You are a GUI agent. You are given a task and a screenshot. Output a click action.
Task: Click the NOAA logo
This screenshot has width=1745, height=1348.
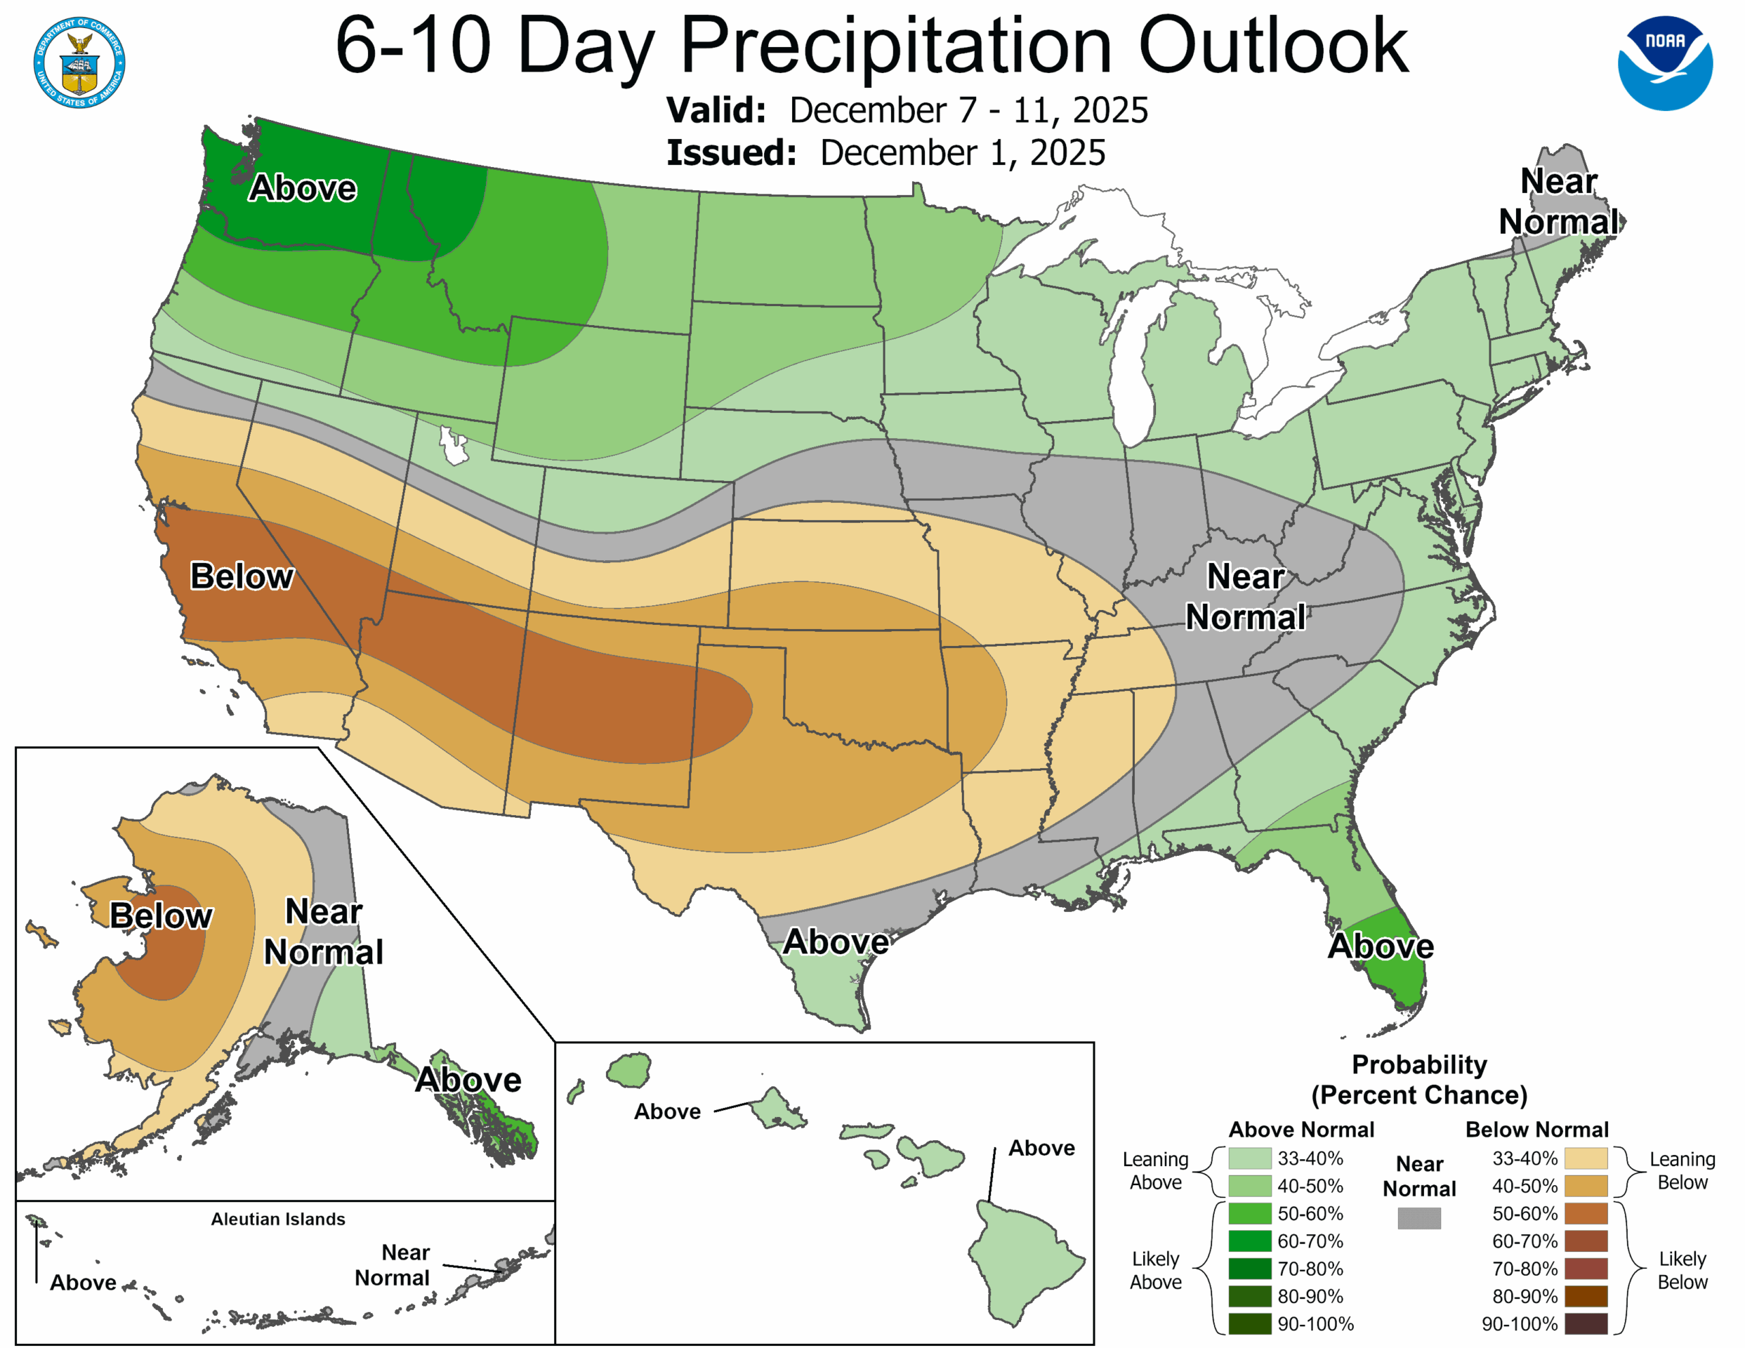[1665, 62]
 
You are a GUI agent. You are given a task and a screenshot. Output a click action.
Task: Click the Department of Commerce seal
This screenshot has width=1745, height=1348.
[79, 62]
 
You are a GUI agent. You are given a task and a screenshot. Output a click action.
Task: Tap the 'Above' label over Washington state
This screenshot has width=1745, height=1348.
[302, 189]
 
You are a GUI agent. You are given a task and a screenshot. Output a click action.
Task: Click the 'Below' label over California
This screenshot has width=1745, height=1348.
[241, 576]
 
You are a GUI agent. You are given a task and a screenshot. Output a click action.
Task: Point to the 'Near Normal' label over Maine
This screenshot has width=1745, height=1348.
[1558, 201]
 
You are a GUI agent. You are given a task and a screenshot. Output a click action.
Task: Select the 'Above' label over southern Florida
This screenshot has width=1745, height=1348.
[1380, 946]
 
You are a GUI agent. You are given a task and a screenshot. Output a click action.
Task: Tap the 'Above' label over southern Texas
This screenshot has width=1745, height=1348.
[836, 941]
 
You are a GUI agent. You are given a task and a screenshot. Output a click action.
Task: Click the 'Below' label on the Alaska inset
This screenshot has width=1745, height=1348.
[161, 916]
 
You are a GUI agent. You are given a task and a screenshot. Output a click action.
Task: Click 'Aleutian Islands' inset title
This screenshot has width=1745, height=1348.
[278, 1219]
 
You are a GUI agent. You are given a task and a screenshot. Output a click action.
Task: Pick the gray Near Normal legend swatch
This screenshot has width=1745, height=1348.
[1419, 1218]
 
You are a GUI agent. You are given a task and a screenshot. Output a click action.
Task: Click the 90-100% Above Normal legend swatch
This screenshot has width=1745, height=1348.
[1249, 1324]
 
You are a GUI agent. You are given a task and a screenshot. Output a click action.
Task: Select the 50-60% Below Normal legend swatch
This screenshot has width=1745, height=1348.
[1585, 1214]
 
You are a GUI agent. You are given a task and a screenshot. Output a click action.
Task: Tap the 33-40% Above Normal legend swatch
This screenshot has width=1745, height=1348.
[1249, 1159]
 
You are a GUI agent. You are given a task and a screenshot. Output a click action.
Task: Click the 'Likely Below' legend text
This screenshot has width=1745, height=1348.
[1682, 1270]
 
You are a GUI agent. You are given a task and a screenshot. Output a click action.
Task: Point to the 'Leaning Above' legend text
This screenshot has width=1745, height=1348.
[1155, 1171]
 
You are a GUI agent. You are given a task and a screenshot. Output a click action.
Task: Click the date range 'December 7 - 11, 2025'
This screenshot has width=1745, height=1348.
[969, 110]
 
